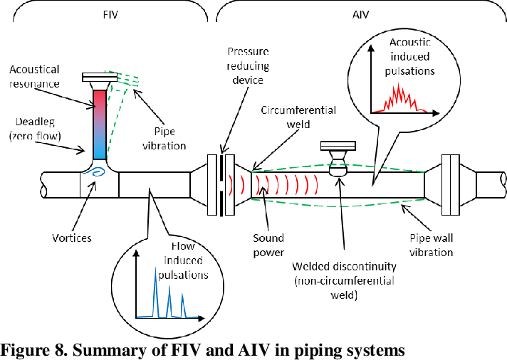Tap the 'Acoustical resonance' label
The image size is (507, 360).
pos(34,76)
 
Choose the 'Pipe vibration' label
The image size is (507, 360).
pos(169,139)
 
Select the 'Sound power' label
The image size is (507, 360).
pos(268,245)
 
